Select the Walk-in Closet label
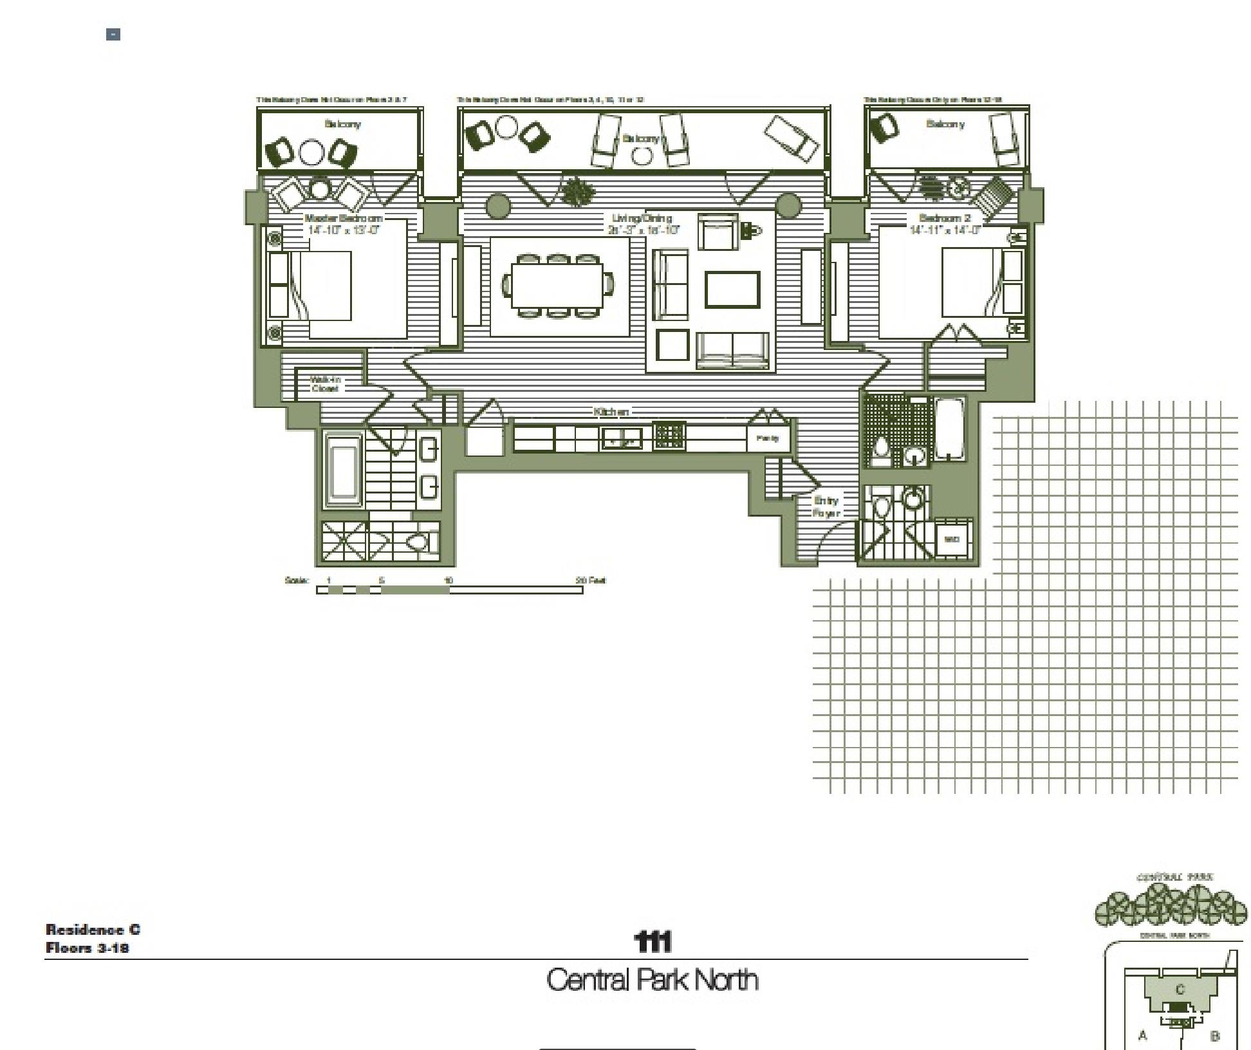pos(325,384)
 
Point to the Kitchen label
pos(611,412)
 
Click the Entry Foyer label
pos(826,506)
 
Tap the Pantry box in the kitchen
pos(768,438)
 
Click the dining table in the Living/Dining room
pos(557,286)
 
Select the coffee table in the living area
pos(732,290)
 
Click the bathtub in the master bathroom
pos(344,470)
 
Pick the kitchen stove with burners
pos(669,436)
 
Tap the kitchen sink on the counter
pos(621,439)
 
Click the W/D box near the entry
pos(952,539)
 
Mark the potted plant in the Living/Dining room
pos(577,190)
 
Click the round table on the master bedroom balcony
pos(311,153)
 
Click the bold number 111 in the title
pos(653,942)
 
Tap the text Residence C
pos(93,929)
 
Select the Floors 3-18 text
pos(87,948)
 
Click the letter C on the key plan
pos(1180,990)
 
